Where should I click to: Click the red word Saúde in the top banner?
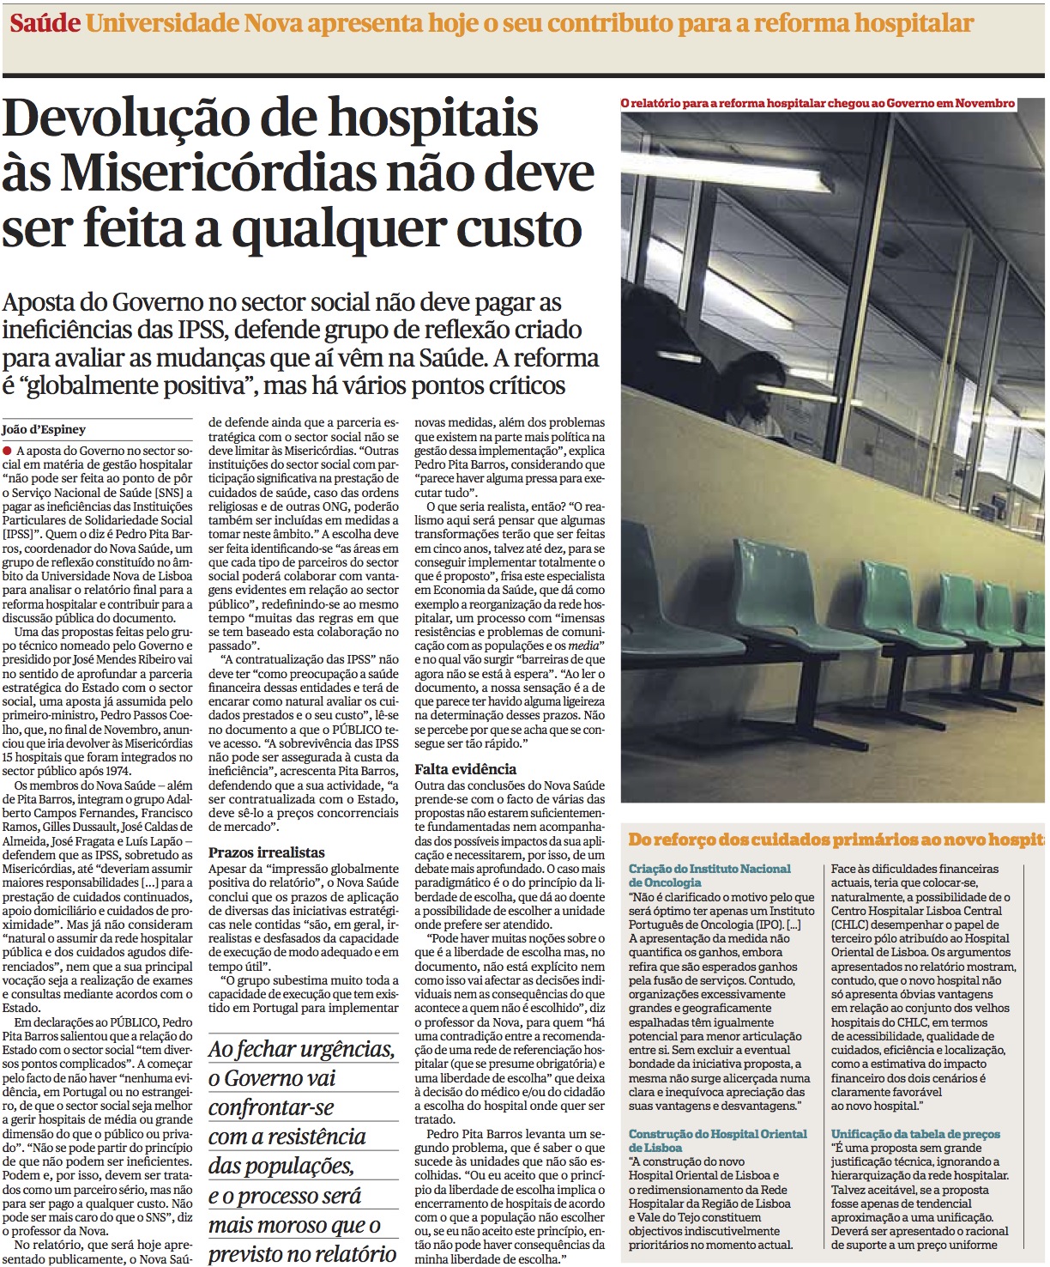click(45, 23)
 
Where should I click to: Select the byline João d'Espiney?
click(44, 429)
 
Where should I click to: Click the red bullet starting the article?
click(8, 451)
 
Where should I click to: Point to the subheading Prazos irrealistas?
click(267, 852)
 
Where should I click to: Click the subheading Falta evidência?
click(465, 769)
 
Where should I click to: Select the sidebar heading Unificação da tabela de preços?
click(915, 1134)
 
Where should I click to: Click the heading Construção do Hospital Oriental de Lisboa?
click(717, 1141)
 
